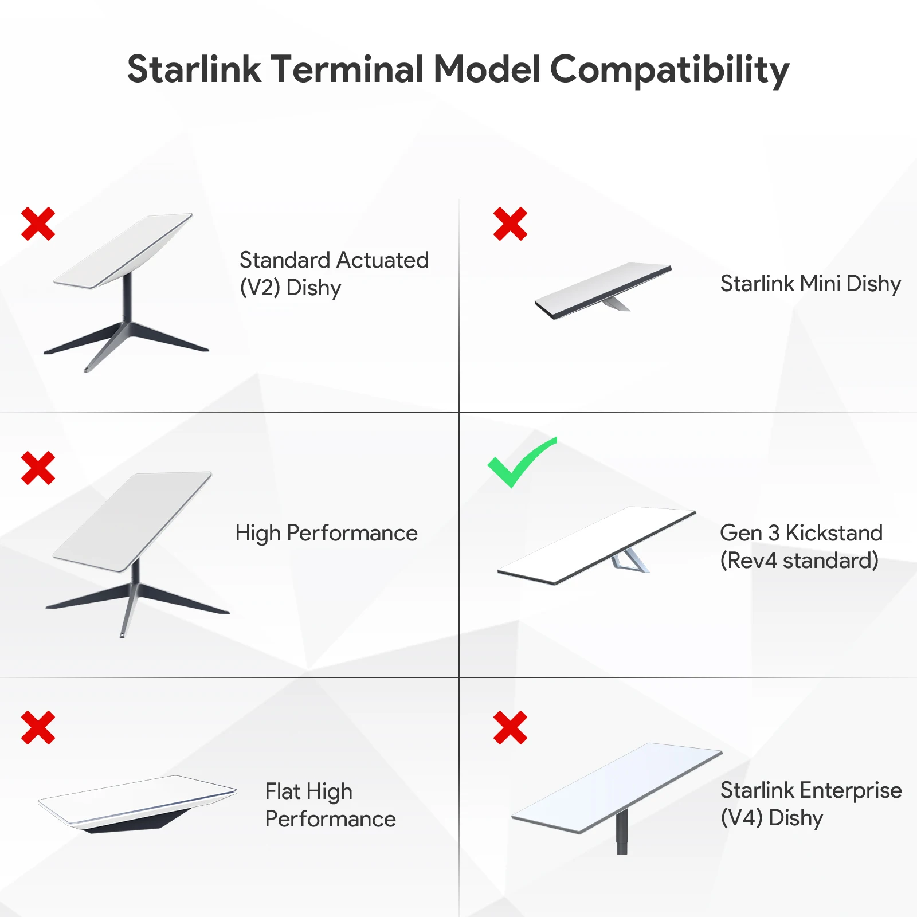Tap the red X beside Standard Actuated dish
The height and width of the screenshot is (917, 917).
coord(38,224)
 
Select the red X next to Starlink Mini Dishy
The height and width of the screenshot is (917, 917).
coord(510,224)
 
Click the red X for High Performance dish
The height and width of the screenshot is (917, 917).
coord(38,468)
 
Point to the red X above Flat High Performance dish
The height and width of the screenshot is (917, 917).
coord(38,727)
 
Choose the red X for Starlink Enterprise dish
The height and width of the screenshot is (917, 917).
coord(510,727)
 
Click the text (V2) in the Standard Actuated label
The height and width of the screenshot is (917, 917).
coord(260,288)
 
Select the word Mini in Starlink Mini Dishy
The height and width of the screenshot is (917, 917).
coord(820,284)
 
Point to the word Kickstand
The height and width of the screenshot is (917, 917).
coord(834,533)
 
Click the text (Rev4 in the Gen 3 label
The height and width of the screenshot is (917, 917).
coord(749,561)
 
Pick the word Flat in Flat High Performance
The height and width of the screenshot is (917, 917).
coord(283,791)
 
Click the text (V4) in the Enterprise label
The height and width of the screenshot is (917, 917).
coord(742,818)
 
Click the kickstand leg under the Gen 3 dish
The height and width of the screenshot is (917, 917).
coord(630,561)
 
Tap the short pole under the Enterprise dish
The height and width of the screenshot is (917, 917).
coord(622,831)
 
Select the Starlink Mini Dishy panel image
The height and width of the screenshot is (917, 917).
coord(603,291)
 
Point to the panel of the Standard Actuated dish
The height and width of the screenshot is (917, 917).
coord(123,251)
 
